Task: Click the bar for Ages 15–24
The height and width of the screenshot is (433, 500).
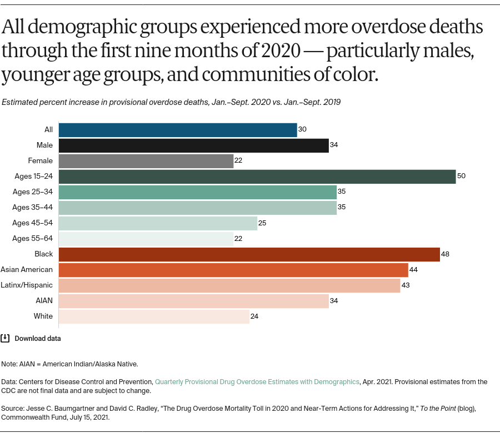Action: coord(257,177)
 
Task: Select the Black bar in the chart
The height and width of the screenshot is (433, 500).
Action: coord(249,254)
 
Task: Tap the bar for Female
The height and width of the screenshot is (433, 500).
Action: coord(146,161)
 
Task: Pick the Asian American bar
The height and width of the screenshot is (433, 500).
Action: coord(233,270)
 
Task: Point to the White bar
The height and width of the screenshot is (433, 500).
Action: coord(154,316)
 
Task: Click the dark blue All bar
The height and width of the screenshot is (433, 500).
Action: coord(177,130)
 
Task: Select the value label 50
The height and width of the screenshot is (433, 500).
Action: coord(461,176)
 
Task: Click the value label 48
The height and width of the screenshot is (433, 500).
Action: coord(445,254)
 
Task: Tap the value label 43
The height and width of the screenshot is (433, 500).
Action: coord(406,285)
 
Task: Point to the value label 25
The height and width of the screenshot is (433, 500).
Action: coord(263,223)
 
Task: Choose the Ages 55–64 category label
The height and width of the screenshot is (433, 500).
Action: coord(33,239)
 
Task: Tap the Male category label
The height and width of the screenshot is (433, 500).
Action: coord(44,145)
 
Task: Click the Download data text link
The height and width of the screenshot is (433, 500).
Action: coord(38,338)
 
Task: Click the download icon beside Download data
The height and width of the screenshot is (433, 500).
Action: coord(5,338)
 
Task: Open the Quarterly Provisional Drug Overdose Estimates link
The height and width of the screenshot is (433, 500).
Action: coord(257,382)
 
